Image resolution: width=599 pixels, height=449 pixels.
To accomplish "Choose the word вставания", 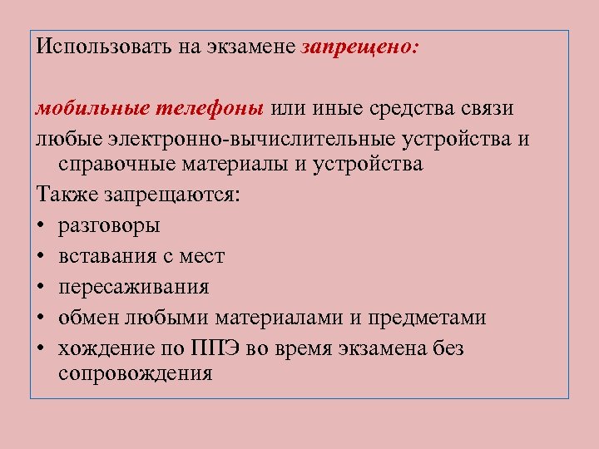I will tap(105, 256).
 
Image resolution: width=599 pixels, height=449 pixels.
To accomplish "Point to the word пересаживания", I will tap(134, 288).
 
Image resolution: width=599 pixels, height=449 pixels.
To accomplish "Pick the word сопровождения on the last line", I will tap(136, 374).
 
